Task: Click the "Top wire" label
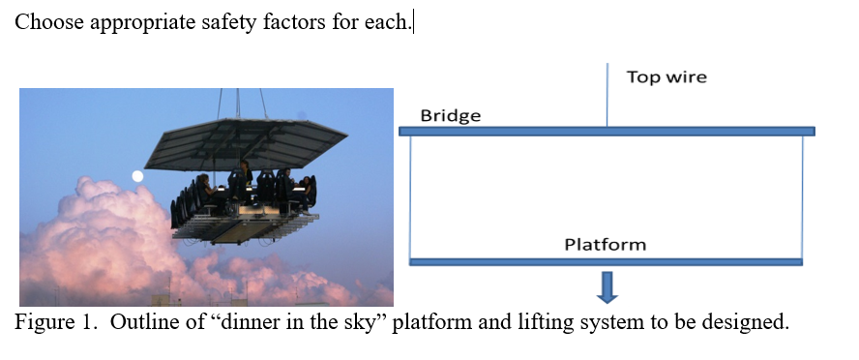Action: click(x=666, y=76)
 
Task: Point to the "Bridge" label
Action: click(x=450, y=116)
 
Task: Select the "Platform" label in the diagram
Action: click(x=605, y=245)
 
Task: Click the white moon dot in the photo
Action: click(x=137, y=176)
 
